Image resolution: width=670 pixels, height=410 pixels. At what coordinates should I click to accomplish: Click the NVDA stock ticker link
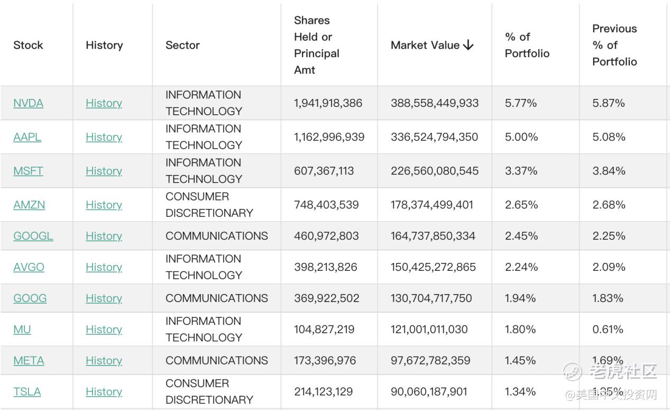click(29, 103)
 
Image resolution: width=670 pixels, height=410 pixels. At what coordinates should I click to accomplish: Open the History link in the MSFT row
click(104, 171)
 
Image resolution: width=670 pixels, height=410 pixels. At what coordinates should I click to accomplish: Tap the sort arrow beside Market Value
click(468, 45)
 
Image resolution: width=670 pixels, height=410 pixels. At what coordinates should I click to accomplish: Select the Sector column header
click(182, 45)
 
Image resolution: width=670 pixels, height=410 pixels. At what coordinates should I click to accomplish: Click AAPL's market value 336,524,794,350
click(434, 137)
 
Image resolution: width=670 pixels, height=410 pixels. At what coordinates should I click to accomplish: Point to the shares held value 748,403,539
click(326, 205)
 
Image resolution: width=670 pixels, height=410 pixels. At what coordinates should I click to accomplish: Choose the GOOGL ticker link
click(33, 236)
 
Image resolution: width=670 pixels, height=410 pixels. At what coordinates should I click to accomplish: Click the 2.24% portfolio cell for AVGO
click(521, 267)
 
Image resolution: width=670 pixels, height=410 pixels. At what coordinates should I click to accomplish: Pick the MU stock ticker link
click(22, 330)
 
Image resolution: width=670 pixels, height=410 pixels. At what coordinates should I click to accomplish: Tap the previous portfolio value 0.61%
click(608, 330)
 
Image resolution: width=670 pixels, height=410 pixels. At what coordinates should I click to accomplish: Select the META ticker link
click(29, 361)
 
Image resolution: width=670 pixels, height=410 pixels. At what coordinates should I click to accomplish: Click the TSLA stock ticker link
click(27, 391)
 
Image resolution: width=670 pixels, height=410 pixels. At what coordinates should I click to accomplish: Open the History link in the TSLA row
click(104, 391)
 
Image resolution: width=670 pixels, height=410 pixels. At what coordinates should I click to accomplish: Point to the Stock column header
click(28, 45)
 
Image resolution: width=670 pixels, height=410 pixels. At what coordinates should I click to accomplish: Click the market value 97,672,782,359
click(430, 361)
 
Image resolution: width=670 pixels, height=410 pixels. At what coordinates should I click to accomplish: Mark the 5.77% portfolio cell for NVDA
click(521, 103)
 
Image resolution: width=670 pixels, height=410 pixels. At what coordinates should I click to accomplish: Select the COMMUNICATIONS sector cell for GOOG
click(217, 298)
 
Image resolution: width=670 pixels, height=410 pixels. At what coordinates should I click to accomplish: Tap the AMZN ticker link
click(29, 205)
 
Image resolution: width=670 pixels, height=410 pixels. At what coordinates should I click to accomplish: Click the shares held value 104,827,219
click(324, 330)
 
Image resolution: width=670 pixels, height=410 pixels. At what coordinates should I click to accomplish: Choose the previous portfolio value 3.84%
click(609, 171)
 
